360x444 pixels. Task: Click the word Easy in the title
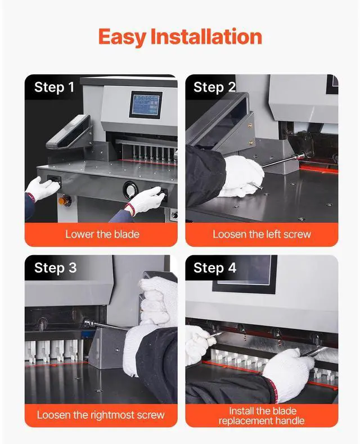point(123,37)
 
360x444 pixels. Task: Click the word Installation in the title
point(206,36)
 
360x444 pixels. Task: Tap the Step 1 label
point(54,87)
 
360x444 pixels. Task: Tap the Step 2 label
point(214,87)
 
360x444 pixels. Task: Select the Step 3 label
point(56,268)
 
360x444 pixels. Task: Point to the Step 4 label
point(215,268)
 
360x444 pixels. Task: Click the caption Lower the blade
point(102,234)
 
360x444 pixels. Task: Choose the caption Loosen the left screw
point(262,234)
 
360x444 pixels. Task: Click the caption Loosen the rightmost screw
point(101,415)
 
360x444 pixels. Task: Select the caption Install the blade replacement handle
point(262,416)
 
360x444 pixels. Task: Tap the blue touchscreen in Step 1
point(146,105)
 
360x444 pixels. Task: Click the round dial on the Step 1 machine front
point(130,190)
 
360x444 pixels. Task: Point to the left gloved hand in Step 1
point(43,188)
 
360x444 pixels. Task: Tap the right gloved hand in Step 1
point(146,200)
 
